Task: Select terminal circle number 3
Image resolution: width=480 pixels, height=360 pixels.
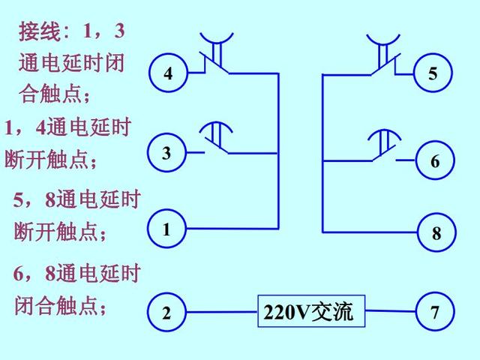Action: [168, 153]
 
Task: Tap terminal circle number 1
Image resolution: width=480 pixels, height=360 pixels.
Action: [168, 229]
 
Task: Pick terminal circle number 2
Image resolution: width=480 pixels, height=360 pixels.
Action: [167, 313]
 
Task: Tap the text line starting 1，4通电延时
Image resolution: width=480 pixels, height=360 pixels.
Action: [67, 127]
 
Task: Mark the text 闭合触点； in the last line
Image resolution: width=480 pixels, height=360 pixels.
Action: [61, 306]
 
